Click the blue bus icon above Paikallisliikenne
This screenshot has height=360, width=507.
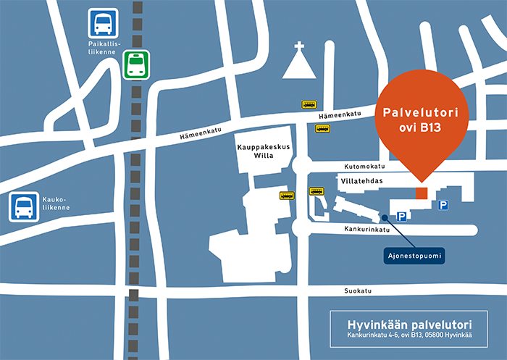[x=102, y=22]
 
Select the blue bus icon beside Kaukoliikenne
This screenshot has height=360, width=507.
[x=23, y=207]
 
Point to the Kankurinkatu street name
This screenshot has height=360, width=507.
[x=367, y=230]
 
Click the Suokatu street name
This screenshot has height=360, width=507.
[x=358, y=290]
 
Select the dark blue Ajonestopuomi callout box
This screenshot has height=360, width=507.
[x=413, y=256]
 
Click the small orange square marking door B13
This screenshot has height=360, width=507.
[x=422, y=193]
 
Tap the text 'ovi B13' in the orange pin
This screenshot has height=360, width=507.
[x=420, y=130]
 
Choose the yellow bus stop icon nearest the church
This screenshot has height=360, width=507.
[x=310, y=105]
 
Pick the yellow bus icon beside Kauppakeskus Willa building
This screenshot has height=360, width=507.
[x=287, y=196]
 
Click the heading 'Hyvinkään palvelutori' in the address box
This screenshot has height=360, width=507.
[x=409, y=323]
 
